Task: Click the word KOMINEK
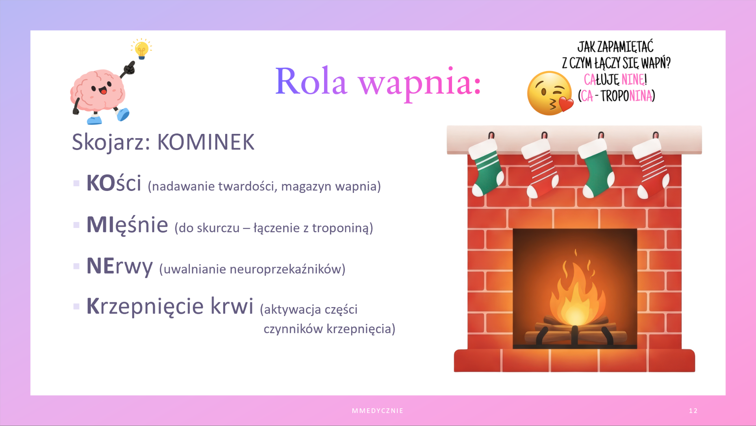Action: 206,142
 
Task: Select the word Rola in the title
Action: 311,81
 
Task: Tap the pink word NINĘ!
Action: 634,80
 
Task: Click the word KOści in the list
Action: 114,183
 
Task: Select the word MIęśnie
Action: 127,225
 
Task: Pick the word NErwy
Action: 119,267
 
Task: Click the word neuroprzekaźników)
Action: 287,269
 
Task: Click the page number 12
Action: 693,411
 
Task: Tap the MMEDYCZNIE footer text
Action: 378,411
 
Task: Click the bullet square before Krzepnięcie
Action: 76,306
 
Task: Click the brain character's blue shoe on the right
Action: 123,115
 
